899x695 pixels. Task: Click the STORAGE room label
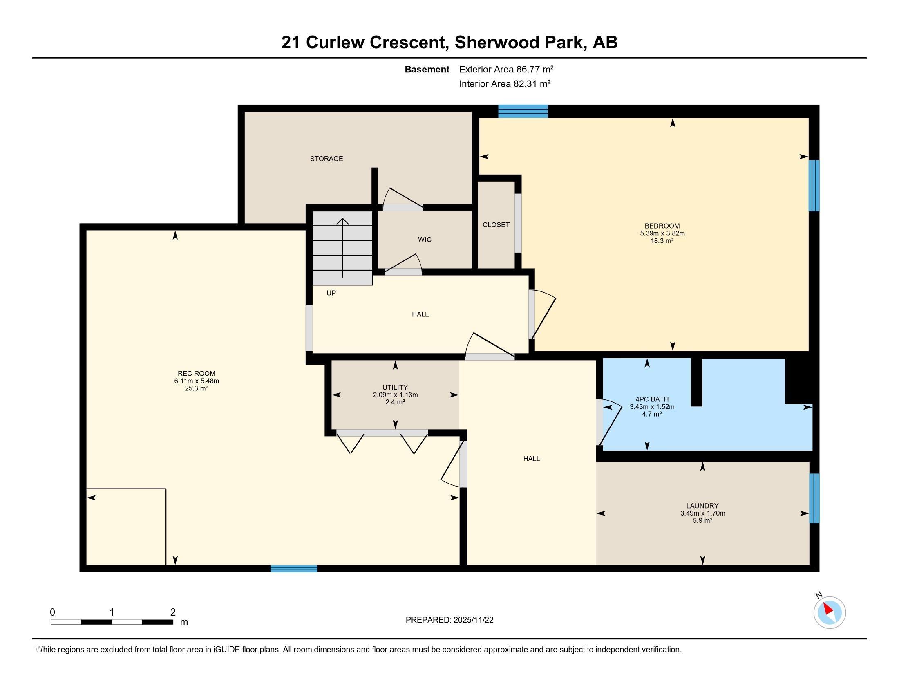click(x=327, y=159)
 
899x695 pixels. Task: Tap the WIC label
click(x=425, y=240)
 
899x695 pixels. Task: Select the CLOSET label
click(x=496, y=225)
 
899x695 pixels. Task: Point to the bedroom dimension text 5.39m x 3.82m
click(x=662, y=233)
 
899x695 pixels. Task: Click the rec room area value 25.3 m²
click(x=196, y=388)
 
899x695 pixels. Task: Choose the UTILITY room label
click(x=395, y=388)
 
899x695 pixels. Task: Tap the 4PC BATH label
click(x=652, y=399)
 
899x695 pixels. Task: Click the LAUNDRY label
click(x=702, y=506)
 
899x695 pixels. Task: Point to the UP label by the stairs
click(x=331, y=293)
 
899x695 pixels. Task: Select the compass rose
click(x=830, y=612)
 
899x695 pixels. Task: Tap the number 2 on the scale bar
click(x=173, y=612)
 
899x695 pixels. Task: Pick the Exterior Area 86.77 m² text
click(x=506, y=69)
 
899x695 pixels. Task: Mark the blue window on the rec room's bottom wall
click(x=293, y=569)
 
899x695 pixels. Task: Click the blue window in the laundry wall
click(x=814, y=498)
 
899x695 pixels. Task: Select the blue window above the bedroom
click(x=523, y=111)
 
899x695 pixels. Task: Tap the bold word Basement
click(x=427, y=69)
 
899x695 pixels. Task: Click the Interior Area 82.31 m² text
click(x=505, y=84)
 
